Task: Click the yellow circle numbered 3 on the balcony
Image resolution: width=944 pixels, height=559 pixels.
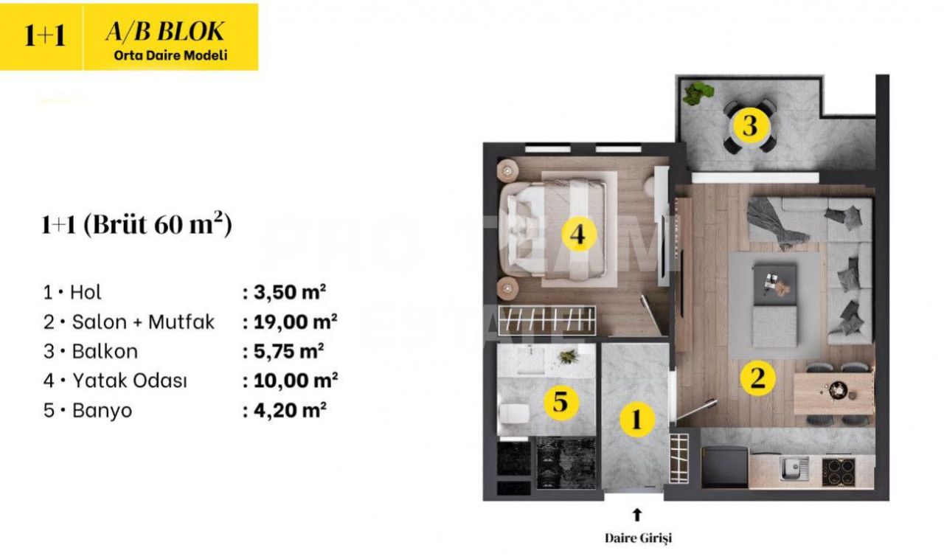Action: (749, 126)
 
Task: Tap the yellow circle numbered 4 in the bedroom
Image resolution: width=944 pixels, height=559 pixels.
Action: (578, 235)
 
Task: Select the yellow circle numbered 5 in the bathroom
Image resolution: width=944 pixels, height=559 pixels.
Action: (560, 402)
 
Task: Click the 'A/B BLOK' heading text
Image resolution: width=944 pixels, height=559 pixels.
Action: (165, 32)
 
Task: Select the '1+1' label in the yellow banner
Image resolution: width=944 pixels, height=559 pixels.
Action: (44, 36)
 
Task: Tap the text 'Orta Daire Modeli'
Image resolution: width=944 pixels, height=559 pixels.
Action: (170, 55)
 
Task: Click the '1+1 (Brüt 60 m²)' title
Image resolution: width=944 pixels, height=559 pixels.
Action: (136, 225)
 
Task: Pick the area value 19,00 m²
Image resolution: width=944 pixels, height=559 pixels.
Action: (290, 322)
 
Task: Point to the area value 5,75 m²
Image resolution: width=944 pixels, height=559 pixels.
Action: (284, 351)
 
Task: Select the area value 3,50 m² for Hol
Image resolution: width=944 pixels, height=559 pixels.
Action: (284, 292)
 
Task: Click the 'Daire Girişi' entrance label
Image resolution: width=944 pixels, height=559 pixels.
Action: (638, 538)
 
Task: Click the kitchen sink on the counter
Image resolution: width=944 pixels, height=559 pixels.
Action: (794, 468)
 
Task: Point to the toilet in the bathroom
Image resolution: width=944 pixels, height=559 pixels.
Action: (512, 415)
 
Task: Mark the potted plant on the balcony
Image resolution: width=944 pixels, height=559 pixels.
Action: (697, 93)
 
